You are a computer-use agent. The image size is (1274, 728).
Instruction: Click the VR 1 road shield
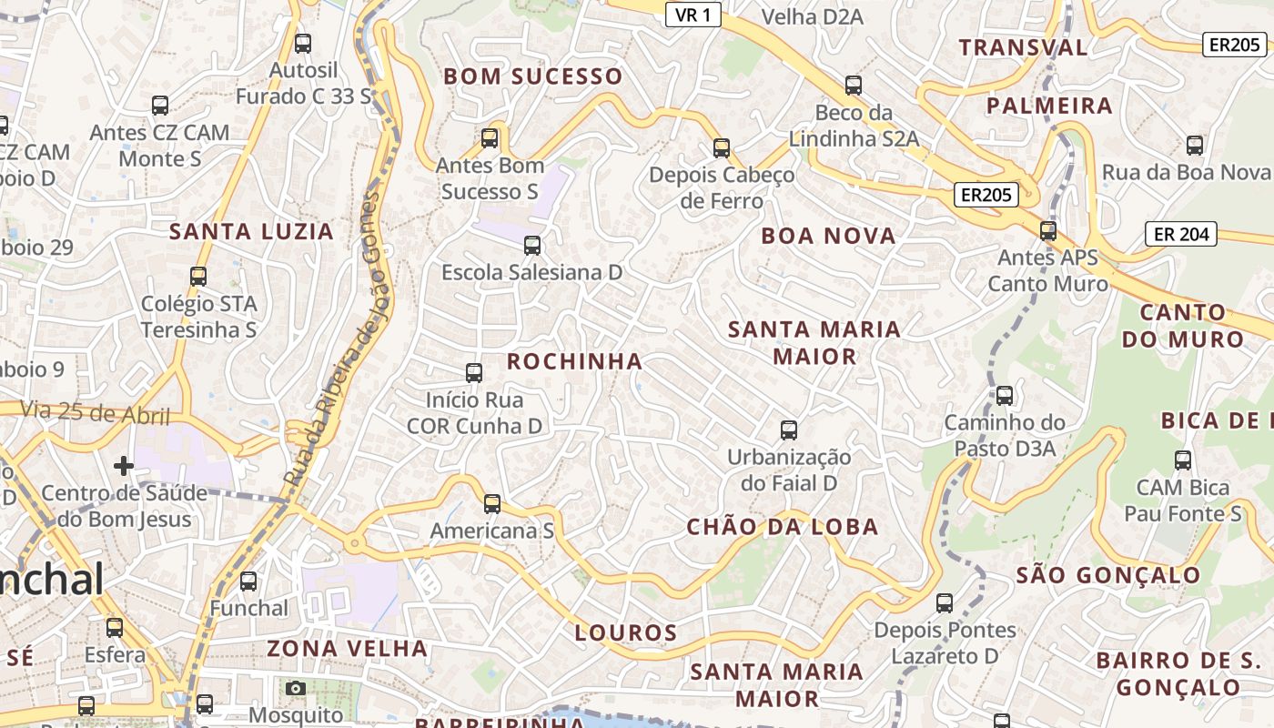coord(693,15)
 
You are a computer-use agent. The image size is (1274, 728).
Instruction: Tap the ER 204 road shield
coord(1181,234)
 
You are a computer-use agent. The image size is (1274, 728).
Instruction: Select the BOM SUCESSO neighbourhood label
coord(532,76)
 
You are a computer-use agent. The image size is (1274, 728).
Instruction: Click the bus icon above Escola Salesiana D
coord(532,246)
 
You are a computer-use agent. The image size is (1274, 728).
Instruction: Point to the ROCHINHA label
coord(574,361)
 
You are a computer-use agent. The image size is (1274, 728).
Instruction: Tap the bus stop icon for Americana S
coord(492,504)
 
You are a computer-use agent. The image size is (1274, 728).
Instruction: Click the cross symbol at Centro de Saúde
coord(124,467)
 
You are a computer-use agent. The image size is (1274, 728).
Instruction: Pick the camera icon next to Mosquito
coord(296,689)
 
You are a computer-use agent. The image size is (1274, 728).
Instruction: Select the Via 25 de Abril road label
coord(96,413)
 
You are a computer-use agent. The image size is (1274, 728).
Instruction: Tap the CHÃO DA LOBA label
coord(783,527)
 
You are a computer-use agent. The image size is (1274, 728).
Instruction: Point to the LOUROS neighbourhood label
coord(626,633)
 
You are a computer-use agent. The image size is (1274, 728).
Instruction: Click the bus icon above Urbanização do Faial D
coord(789,430)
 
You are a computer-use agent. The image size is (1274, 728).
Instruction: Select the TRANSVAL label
coord(1023,47)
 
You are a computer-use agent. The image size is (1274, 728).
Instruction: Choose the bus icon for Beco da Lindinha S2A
coord(854,86)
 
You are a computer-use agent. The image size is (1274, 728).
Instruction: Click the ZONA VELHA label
coord(347,649)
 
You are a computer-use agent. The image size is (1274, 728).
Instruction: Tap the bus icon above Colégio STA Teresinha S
coord(198,277)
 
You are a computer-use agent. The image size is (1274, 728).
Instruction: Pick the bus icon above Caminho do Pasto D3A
coord(1005,396)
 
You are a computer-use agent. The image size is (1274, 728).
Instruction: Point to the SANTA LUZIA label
coord(251,231)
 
